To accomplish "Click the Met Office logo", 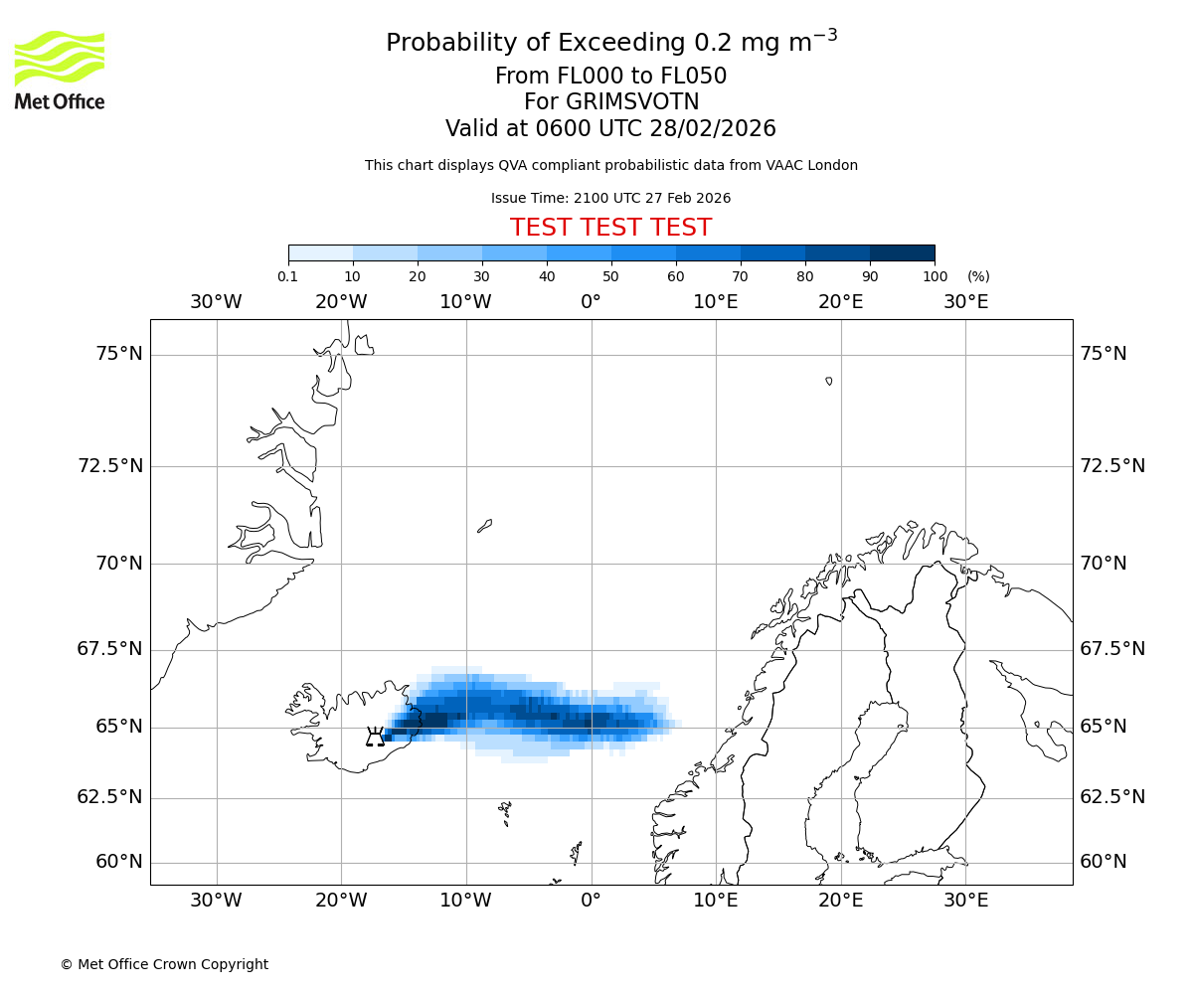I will pyautogui.click(x=60, y=70).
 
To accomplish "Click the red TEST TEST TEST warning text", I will pyautogui.click(x=610, y=228).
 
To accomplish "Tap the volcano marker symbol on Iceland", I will pyautogui.click(x=375, y=737).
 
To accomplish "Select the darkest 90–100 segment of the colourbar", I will pyautogui.click(x=902, y=252).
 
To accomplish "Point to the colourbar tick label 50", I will pyautogui.click(x=610, y=276).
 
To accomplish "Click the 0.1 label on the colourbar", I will pyautogui.click(x=287, y=276).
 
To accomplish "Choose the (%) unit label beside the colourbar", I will pyautogui.click(x=977, y=276).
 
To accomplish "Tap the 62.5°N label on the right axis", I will pyautogui.click(x=1112, y=797).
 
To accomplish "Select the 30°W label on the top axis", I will pyautogui.click(x=216, y=301).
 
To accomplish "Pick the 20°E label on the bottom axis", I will pyautogui.click(x=840, y=901).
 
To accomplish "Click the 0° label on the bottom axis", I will pyautogui.click(x=591, y=901).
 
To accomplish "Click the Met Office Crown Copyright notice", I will pyautogui.click(x=164, y=964).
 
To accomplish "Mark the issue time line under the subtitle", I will pyautogui.click(x=610, y=198).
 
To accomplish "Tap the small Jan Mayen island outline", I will pyautogui.click(x=484, y=525).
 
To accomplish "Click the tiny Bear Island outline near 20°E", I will pyautogui.click(x=829, y=381).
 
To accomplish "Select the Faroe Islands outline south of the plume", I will pyautogui.click(x=505, y=812).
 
